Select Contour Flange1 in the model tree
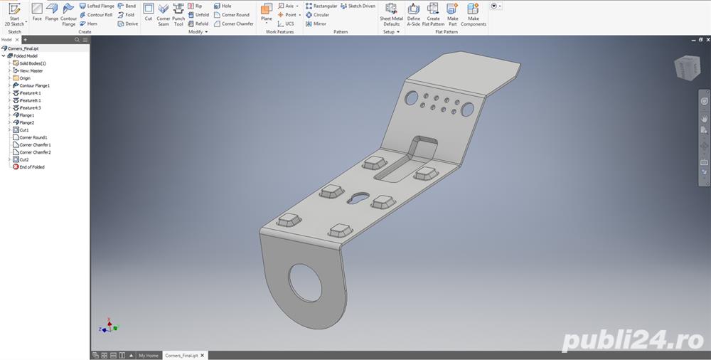[34, 85]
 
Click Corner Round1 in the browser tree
[33, 137]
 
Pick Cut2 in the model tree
[24, 159]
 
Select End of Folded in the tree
[31, 167]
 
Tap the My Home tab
[148, 355]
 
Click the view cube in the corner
[685, 68]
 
